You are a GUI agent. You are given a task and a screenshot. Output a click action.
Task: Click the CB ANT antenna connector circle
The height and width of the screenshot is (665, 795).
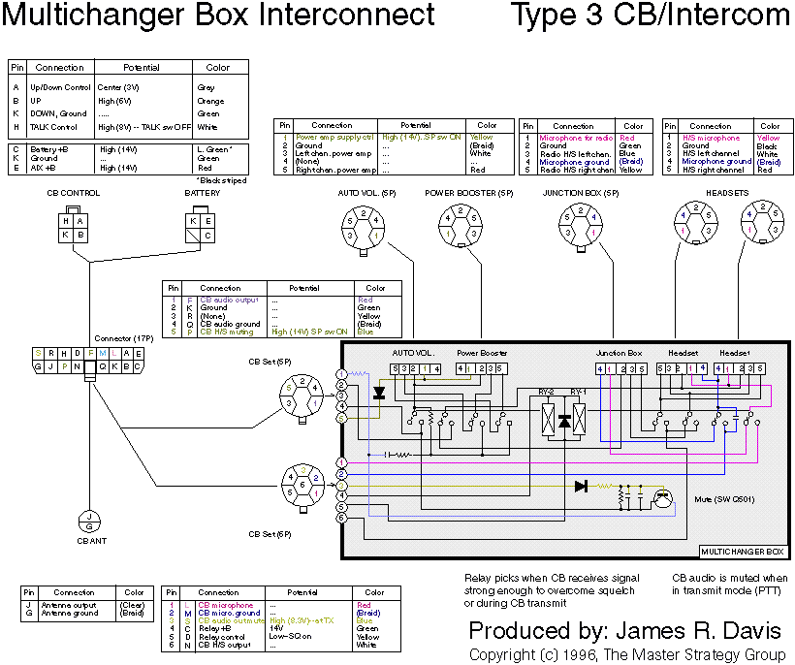(x=88, y=522)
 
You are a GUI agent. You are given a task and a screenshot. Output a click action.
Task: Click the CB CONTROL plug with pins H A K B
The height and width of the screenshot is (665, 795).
(x=74, y=228)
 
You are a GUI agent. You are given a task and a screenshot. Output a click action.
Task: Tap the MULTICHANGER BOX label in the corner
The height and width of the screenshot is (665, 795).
(x=742, y=552)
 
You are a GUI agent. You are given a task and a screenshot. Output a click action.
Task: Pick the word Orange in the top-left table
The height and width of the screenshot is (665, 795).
(x=211, y=101)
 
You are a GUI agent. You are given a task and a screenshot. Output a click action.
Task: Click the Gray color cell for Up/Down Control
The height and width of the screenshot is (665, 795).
(x=207, y=87)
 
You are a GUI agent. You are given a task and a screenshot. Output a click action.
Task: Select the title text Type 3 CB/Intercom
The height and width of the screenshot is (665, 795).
(x=650, y=16)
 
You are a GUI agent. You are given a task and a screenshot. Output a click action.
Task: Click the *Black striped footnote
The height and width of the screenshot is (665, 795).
(x=224, y=179)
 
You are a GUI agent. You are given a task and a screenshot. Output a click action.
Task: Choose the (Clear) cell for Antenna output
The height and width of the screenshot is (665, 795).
(x=134, y=605)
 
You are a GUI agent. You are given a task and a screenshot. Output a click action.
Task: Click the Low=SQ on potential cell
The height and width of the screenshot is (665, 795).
(x=292, y=637)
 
